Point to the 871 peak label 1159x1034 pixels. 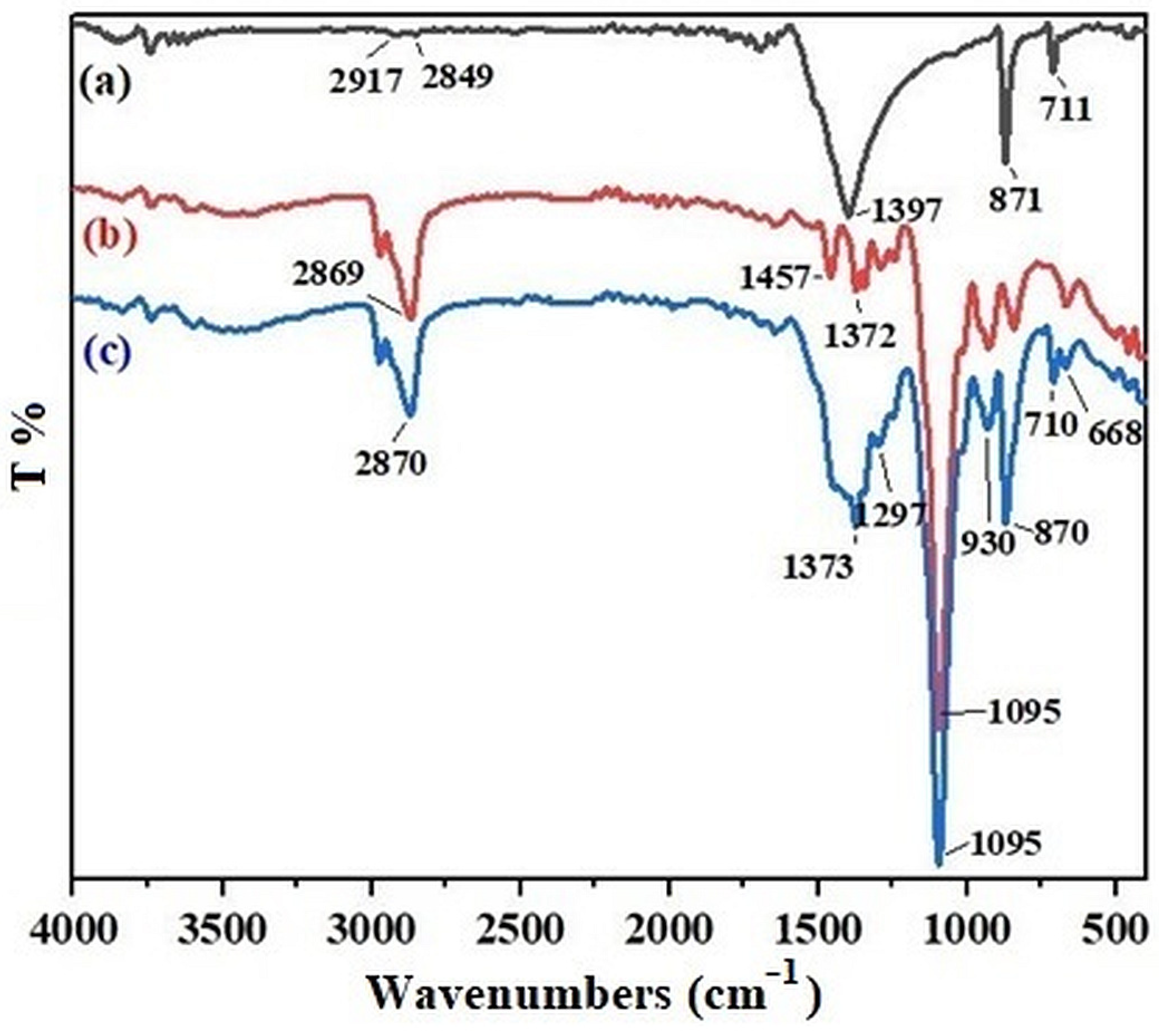pyautogui.click(x=1015, y=200)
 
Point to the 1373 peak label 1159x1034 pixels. pyautogui.click(x=818, y=567)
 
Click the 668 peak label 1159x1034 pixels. pyautogui.click(x=1114, y=434)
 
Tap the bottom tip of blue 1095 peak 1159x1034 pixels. pyautogui.click(x=938, y=881)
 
